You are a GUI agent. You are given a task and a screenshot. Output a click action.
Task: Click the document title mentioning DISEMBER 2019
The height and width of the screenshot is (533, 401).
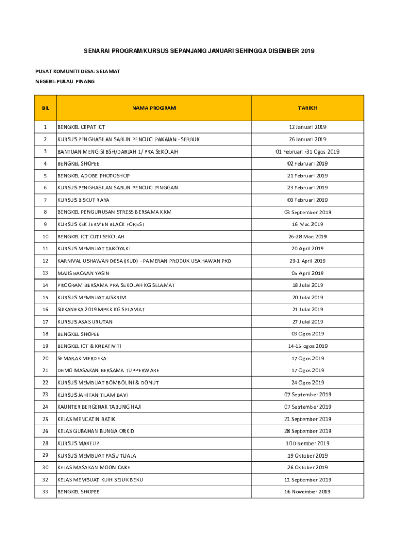tap(199, 51)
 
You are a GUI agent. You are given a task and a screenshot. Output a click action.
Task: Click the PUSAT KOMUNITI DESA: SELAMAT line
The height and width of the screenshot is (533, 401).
tap(78, 71)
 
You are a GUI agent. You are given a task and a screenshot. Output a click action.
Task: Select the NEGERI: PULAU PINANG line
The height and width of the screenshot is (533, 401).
tap(65, 81)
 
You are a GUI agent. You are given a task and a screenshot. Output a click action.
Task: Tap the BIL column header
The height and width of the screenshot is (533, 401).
tap(45, 108)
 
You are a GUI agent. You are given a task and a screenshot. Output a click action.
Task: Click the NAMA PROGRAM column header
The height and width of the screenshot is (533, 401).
tap(154, 108)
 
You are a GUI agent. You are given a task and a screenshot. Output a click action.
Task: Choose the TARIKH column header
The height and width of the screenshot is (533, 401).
tap(307, 108)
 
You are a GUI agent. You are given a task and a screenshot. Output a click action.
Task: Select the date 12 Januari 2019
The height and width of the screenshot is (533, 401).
tap(307, 127)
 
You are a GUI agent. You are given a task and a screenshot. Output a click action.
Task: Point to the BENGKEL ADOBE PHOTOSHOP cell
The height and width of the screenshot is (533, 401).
tap(94, 176)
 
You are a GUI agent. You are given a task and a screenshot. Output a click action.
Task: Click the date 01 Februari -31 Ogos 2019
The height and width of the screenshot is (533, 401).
tap(307, 151)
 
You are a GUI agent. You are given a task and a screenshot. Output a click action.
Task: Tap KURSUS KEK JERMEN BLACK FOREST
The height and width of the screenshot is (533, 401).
tap(101, 224)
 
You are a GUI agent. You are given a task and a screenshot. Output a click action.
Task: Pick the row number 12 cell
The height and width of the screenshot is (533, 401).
tap(45, 261)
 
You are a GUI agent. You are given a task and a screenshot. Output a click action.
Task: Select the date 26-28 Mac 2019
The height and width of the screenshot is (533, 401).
tap(307, 237)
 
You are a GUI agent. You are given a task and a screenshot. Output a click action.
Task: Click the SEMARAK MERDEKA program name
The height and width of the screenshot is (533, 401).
tap(82, 358)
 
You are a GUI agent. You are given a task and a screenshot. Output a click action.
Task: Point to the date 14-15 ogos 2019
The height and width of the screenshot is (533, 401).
tap(307, 346)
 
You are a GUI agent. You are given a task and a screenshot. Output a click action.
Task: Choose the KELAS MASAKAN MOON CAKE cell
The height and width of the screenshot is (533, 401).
tap(94, 467)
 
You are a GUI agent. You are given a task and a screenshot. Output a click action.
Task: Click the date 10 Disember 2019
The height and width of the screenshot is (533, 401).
tap(307, 443)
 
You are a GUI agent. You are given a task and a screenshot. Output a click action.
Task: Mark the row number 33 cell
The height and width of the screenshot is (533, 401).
tap(45, 492)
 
